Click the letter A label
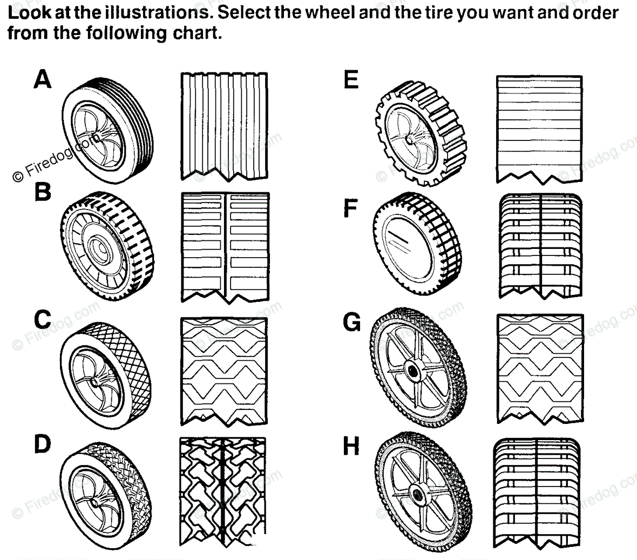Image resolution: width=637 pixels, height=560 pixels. point(42,79)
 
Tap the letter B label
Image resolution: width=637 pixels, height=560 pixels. point(43,191)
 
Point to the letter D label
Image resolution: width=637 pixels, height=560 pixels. point(42,444)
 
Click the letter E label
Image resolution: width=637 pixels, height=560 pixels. point(351,80)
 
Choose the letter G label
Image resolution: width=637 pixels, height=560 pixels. point(352,322)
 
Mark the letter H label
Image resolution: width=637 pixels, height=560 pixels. point(351,447)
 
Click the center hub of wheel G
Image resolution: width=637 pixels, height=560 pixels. point(414,371)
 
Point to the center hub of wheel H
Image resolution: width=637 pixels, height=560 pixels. point(417,494)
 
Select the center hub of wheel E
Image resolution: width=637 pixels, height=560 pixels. point(411,139)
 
